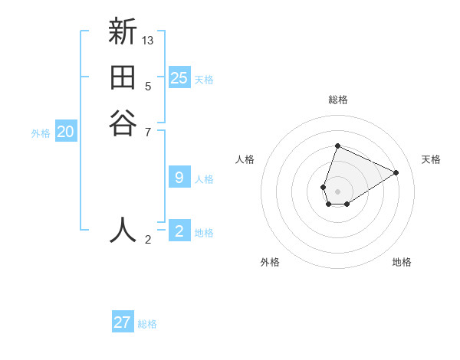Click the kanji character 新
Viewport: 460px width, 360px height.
tap(123, 32)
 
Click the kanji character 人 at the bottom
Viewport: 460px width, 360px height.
tap(123, 229)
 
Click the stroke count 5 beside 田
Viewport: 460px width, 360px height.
tap(148, 87)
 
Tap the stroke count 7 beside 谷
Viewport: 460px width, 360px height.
tap(149, 132)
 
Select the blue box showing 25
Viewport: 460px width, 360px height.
tap(179, 77)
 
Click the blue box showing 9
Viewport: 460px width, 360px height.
tap(179, 178)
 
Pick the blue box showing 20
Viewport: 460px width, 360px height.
tap(66, 132)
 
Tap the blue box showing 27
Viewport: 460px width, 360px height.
tap(123, 322)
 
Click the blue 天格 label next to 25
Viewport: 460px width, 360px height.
tap(204, 80)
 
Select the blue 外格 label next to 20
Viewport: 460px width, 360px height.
tap(41, 133)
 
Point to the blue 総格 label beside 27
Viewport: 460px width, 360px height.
tap(147, 324)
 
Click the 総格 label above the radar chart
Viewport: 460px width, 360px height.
tap(338, 100)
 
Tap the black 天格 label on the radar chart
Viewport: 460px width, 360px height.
tap(431, 159)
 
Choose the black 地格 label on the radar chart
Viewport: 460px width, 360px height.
tap(402, 262)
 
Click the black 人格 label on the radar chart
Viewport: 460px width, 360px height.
tap(245, 159)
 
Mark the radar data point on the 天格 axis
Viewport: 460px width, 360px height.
tap(396, 172)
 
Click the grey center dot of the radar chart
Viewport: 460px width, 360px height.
tap(338, 191)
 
